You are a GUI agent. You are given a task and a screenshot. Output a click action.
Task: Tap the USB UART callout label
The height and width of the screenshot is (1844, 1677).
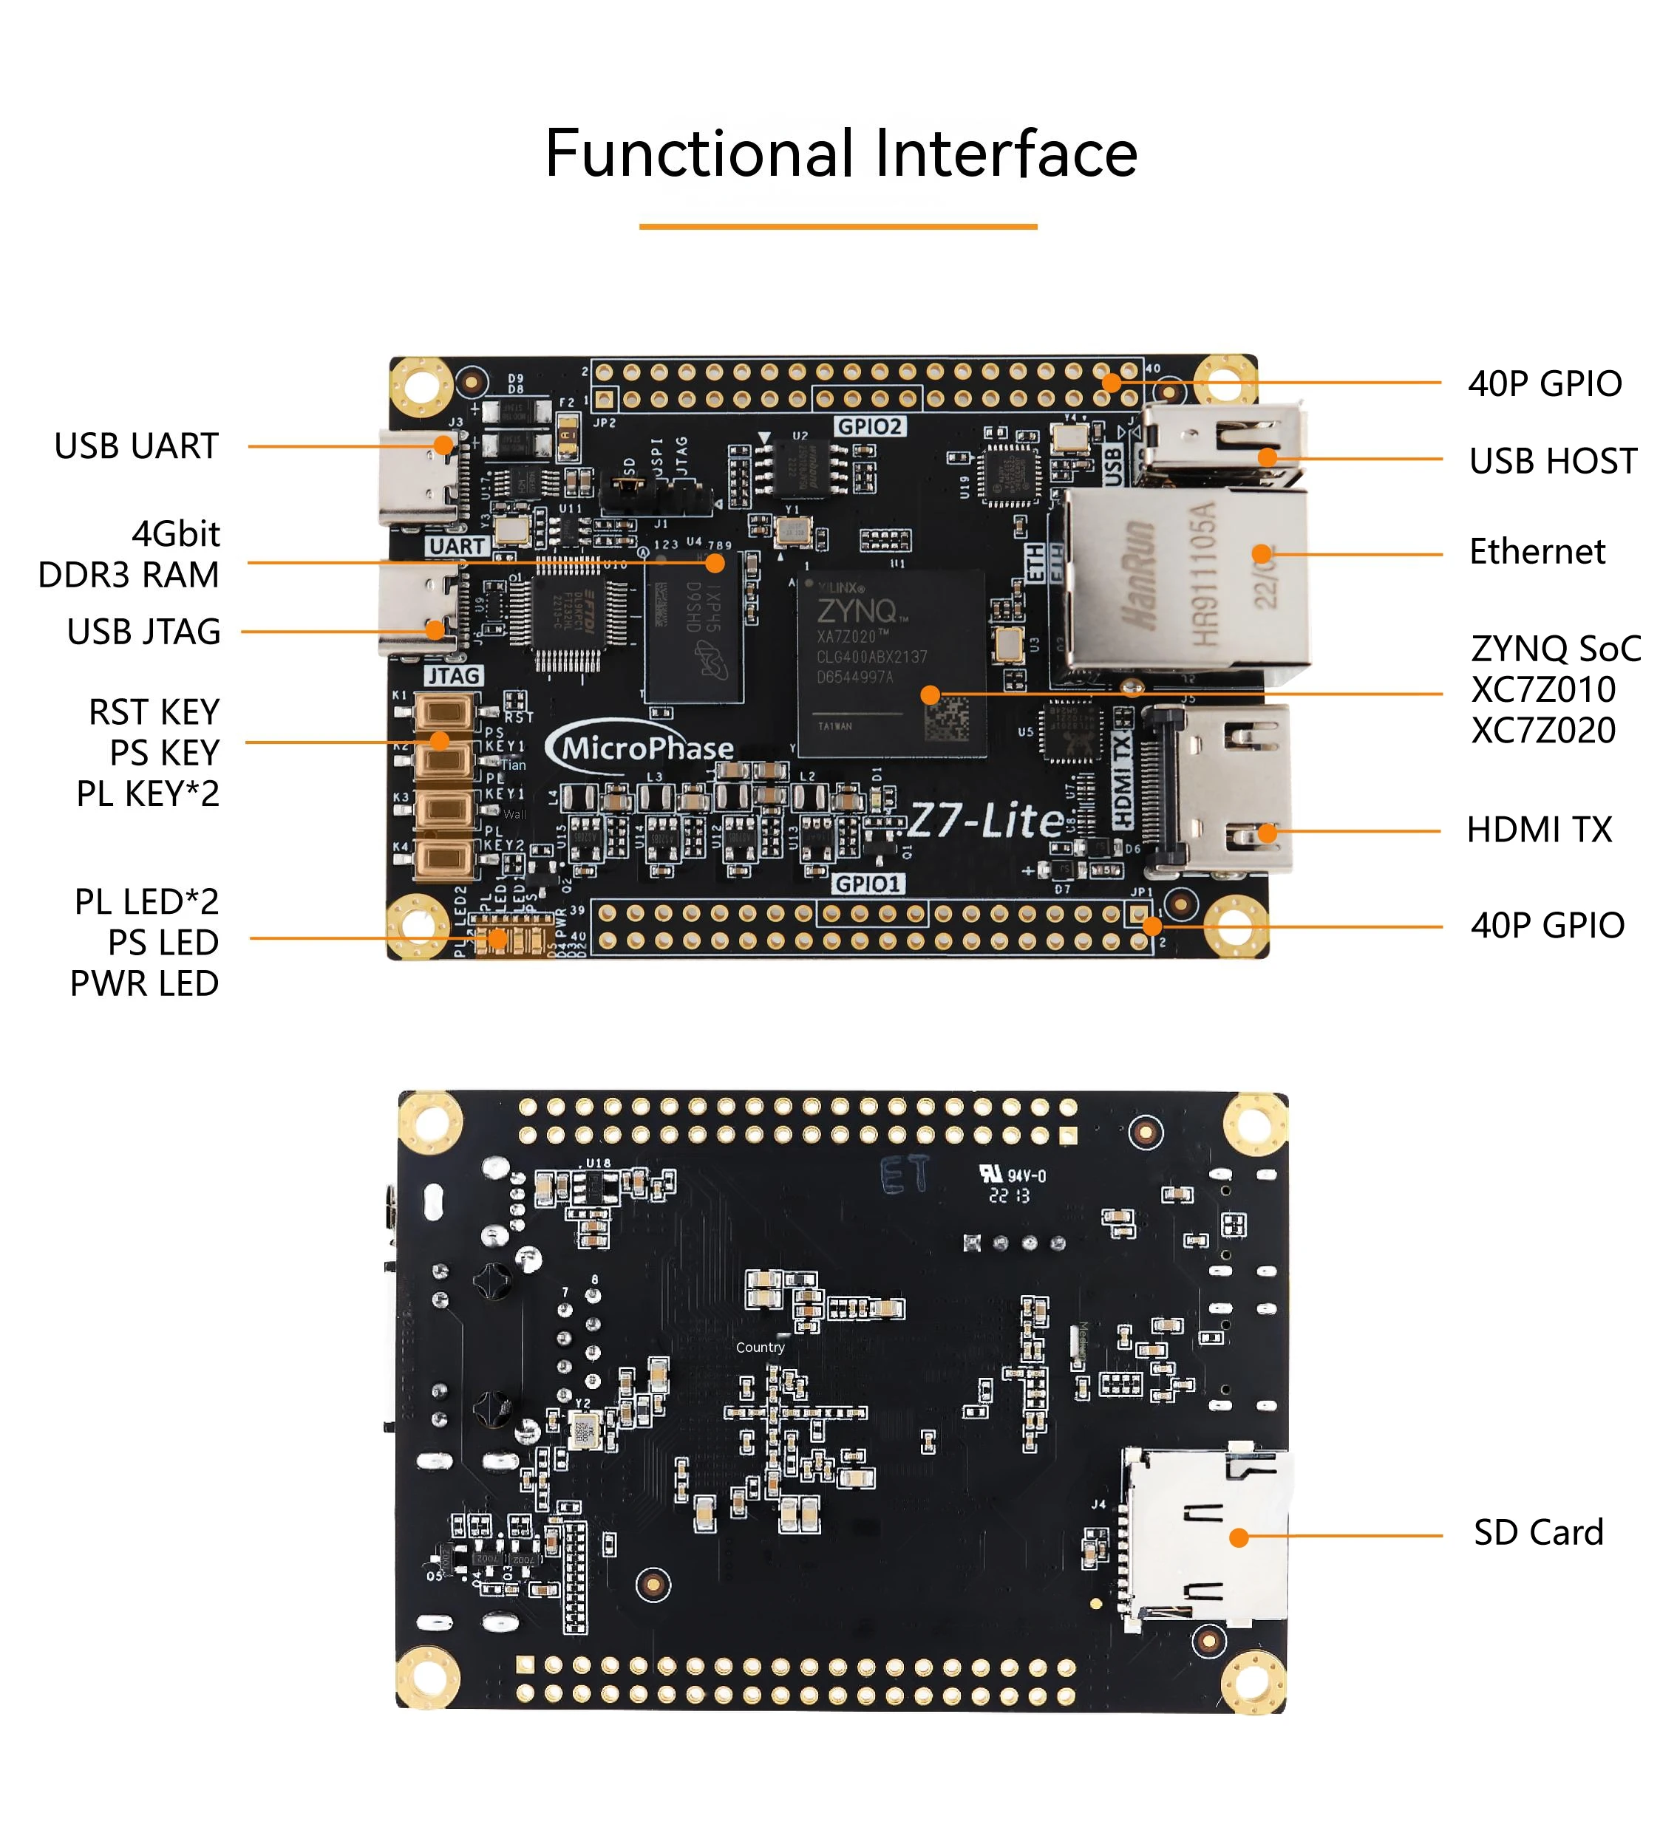tap(136, 446)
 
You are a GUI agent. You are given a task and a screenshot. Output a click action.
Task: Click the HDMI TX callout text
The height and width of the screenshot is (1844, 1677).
tap(1538, 830)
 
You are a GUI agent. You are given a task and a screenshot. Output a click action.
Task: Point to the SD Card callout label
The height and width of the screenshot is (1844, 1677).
tap(1538, 1532)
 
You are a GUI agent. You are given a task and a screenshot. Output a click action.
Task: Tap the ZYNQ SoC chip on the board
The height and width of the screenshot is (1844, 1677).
tap(891, 663)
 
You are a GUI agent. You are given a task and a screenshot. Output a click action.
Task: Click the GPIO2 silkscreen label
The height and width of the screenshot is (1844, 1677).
tap(869, 426)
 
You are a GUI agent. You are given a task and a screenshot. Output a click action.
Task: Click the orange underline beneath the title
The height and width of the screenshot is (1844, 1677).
tap(837, 226)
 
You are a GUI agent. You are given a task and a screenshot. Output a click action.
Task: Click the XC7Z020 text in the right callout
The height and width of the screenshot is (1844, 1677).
tap(1542, 730)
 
